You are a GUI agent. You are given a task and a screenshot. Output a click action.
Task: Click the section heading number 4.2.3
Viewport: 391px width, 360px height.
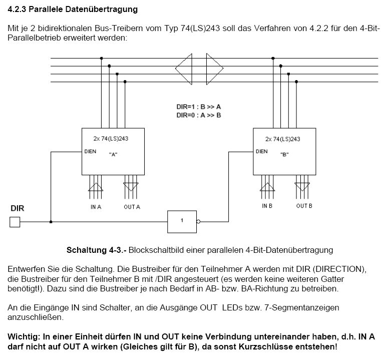[18, 10]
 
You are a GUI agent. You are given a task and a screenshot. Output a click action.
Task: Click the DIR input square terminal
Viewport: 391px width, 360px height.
[15, 222]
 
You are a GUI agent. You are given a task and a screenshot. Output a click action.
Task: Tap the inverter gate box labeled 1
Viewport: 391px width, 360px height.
[182, 221]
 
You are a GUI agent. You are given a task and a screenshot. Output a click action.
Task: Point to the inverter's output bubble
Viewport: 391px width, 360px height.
[199, 221]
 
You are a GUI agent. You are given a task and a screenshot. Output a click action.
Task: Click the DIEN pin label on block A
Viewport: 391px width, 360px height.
[90, 151]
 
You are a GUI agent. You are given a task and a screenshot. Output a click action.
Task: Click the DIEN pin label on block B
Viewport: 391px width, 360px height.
[261, 151]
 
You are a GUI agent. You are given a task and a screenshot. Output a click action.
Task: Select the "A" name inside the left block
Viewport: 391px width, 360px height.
[113, 155]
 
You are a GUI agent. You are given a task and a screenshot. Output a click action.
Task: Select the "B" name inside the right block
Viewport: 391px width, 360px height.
[284, 155]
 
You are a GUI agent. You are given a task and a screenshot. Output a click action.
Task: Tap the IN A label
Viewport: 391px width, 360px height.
[96, 207]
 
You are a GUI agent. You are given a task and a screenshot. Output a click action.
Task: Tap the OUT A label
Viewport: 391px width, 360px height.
[132, 207]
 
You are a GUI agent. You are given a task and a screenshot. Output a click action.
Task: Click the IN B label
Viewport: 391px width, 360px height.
[267, 206]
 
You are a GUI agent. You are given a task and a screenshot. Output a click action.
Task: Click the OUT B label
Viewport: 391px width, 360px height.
[304, 206]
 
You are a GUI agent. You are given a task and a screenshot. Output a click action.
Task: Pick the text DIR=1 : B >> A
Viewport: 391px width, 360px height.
[198, 107]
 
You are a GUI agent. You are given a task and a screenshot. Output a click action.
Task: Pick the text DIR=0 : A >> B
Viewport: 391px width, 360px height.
[198, 115]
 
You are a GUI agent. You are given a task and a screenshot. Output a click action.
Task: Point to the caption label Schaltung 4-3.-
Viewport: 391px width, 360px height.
[95, 250]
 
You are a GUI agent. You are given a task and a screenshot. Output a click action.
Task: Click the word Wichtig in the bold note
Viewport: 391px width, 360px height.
[23, 337]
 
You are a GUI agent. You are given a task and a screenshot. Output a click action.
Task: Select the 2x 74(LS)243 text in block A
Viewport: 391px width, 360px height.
[113, 139]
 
